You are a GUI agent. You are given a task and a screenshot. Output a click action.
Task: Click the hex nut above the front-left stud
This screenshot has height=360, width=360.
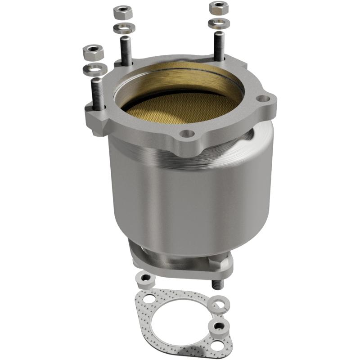pyautogui.click(x=93, y=52)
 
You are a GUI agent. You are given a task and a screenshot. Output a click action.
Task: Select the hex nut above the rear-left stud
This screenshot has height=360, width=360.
pyautogui.click(x=122, y=12)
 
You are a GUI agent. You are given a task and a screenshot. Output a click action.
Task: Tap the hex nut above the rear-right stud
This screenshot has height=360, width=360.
pyautogui.click(x=219, y=8)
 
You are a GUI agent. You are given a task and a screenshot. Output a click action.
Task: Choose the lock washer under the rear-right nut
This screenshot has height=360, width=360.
pyautogui.click(x=219, y=22)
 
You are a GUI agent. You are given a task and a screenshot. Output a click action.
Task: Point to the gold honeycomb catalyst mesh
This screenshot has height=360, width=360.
pyautogui.click(x=180, y=108)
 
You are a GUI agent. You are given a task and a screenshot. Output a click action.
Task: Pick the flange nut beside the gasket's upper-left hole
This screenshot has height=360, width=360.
pyautogui.click(x=145, y=280)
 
